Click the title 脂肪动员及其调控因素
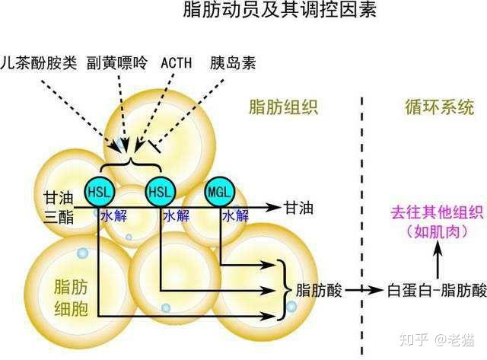(x=279, y=10)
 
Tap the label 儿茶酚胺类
(x=39, y=63)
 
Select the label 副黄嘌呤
(x=116, y=63)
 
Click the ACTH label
(x=176, y=63)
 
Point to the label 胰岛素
(x=233, y=63)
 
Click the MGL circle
(x=220, y=192)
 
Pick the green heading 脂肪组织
(x=284, y=107)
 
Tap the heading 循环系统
(x=440, y=107)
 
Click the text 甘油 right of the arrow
(x=298, y=207)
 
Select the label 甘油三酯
(x=59, y=207)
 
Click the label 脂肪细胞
(x=71, y=298)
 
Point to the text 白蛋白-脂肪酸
(x=437, y=291)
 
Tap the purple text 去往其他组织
(x=437, y=213)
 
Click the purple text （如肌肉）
(x=437, y=232)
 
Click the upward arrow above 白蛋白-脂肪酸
(x=438, y=260)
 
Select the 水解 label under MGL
(x=235, y=215)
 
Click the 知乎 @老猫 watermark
(x=436, y=340)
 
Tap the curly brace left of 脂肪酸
(x=285, y=290)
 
